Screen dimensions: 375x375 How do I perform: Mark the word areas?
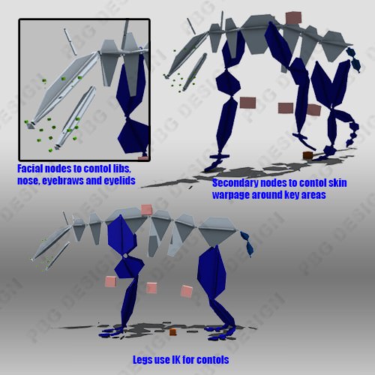pos(314,195)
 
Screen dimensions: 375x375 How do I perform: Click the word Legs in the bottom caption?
pos(142,360)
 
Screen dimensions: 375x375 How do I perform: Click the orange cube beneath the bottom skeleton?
pos(172,332)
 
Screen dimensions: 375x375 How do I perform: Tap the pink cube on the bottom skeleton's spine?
pos(147,209)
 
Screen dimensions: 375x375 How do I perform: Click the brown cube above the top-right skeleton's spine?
pos(293,18)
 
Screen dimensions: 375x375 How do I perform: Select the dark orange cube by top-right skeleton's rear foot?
pos(308,155)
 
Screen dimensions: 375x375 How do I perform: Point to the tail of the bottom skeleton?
pos(247,244)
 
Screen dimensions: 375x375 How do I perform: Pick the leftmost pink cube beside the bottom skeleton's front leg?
pos(111,281)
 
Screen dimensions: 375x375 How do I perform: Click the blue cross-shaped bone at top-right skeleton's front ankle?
pos(219,157)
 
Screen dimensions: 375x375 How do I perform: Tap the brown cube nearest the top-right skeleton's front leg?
pos(247,103)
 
